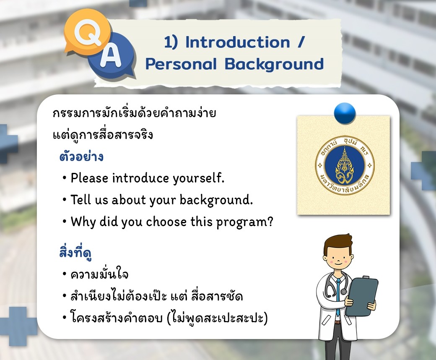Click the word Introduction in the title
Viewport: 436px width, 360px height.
tap(238, 42)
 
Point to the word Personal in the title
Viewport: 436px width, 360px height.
tap(181, 64)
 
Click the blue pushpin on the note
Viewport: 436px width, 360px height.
tap(345, 113)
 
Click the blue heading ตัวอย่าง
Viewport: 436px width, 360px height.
tap(81, 157)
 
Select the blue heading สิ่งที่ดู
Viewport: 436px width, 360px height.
tap(75, 252)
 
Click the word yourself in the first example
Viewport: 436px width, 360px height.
tap(199, 178)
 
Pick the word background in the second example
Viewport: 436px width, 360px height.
tap(216, 200)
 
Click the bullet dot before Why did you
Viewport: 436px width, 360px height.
tap(65, 222)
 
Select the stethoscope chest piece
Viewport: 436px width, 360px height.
tap(344, 292)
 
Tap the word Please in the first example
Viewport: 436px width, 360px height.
tap(89, 178)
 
